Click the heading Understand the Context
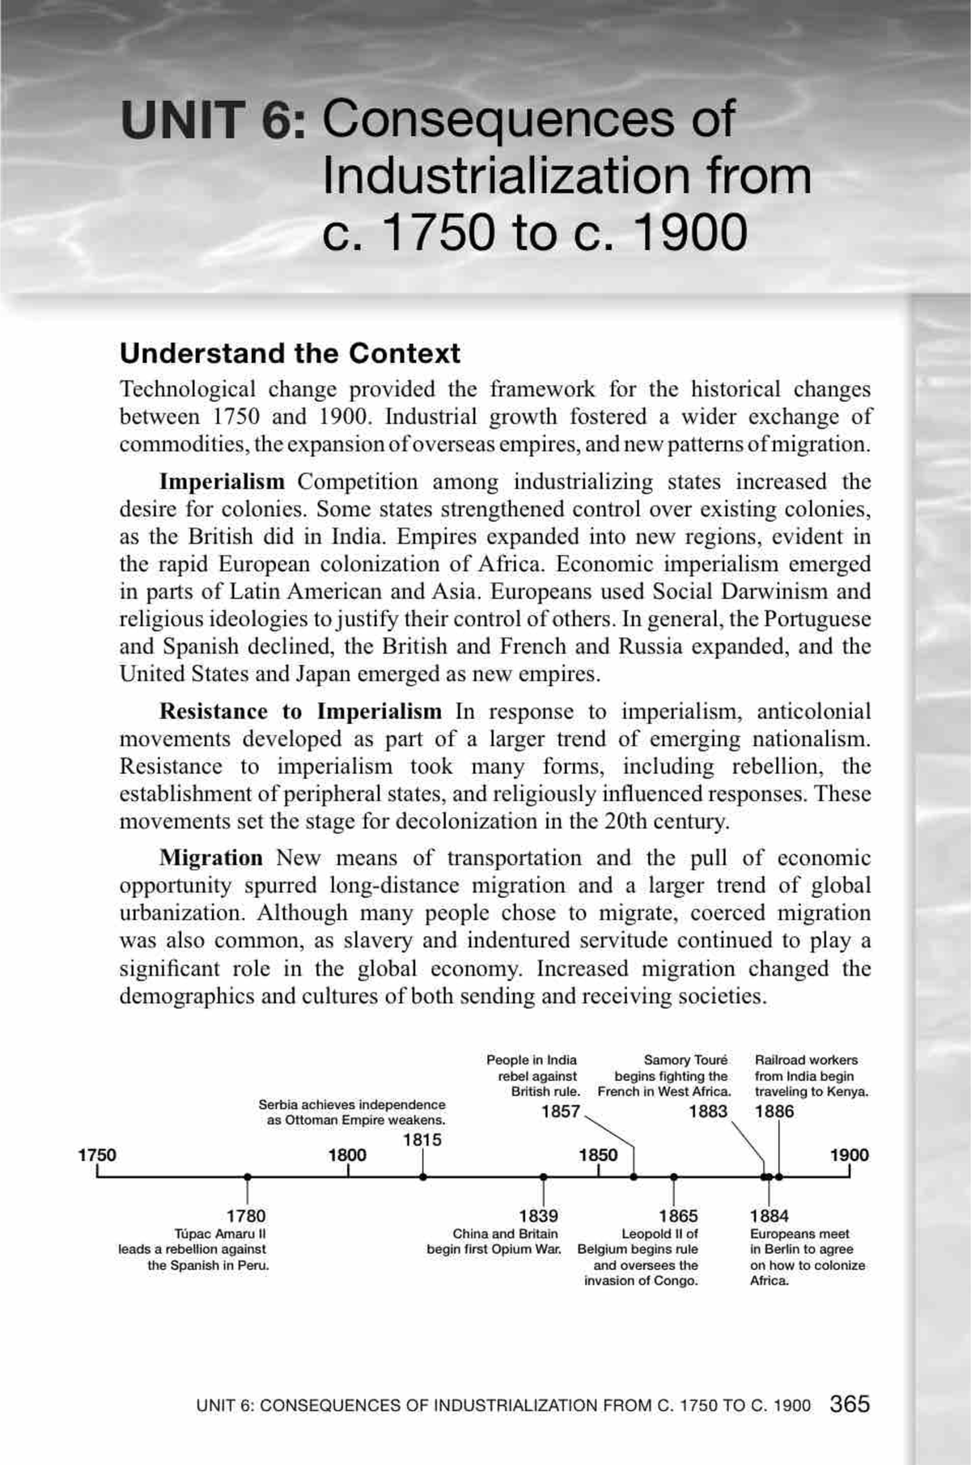[x=290, y=354]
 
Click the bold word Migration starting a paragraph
[x=210, y=857]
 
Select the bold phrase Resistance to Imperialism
[x=300, y=711]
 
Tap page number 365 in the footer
[x=850, y=1404]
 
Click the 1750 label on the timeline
[x=96, y=1154]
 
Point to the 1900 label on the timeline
[x=849, y=1154]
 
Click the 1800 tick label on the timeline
[x=347, y=1154]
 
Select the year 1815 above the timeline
[x=422, y=1140]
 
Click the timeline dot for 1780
[x=247, y=1177]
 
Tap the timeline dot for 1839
[x=543, y=1177]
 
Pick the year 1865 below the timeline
[x=678, y=1216]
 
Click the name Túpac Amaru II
[x=220, y=1234]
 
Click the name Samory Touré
[x=685, y=1060]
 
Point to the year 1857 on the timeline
[x=560, y=1111]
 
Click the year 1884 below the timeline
[x=769, y=1216]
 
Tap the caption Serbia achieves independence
[x=352, y=1105]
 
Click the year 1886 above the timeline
[x=774, y=1111]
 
